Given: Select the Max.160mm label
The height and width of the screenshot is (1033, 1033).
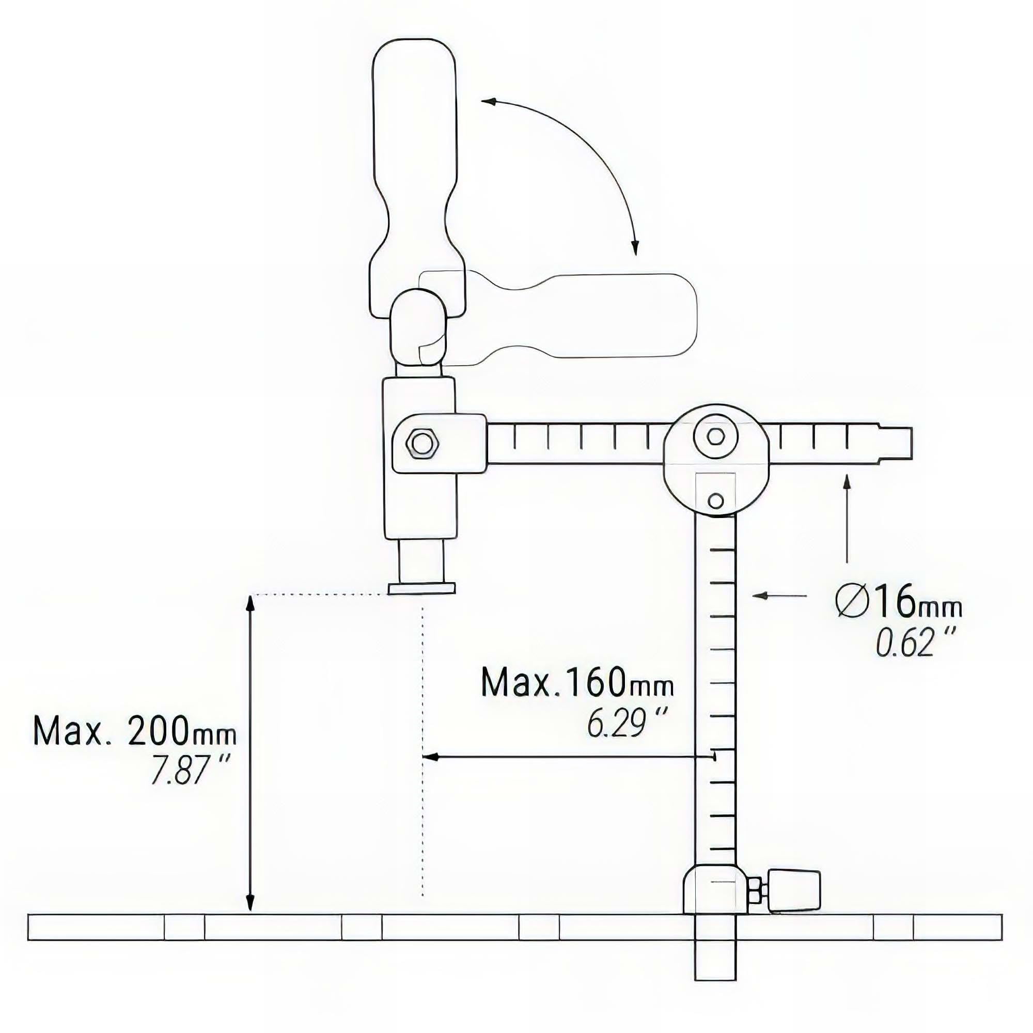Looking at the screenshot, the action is click(x=577, y=682).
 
